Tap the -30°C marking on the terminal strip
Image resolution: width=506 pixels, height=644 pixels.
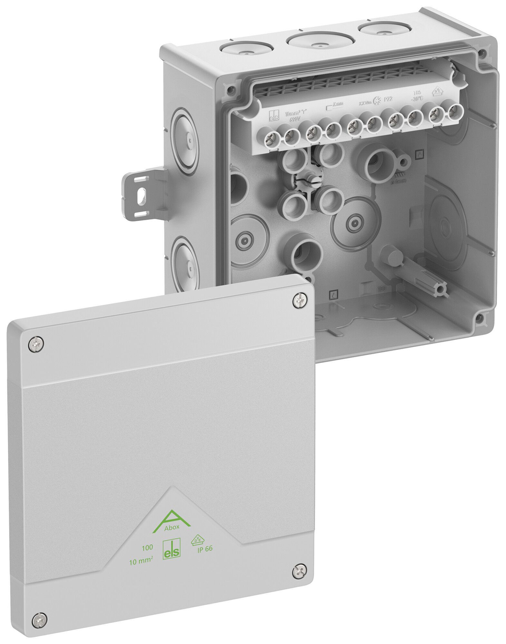tap(417, 99)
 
